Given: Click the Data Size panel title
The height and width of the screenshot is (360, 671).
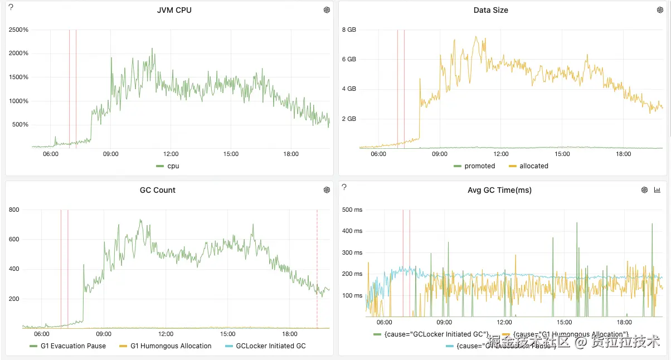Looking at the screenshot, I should [x=490, y=10].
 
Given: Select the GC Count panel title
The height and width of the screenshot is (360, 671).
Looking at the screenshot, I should [x=157, y=190].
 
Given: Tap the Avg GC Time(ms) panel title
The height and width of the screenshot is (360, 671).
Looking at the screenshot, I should [x=499, y=190].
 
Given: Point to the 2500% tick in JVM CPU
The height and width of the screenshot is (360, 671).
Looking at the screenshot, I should [x=18, y=30].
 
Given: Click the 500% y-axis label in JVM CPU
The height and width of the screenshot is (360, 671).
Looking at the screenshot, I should [x=20, y=124].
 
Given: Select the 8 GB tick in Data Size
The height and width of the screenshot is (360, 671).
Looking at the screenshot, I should [x=349, y=30].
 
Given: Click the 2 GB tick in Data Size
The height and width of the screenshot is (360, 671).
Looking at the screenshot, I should [x=349, y=119].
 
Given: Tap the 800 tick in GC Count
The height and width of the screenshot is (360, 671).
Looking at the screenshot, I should [x=13, y=210].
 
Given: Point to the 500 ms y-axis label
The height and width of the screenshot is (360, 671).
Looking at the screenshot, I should [x=352, y=210].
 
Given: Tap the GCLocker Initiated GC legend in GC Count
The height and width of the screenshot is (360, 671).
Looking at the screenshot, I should [x=270, y=346].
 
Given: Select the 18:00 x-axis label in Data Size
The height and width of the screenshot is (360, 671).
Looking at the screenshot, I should [x=624, y=154].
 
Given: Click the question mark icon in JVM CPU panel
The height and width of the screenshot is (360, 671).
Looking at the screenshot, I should [x=11, y=7].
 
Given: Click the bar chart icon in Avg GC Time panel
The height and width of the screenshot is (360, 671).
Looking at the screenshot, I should [x=657, y=190].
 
